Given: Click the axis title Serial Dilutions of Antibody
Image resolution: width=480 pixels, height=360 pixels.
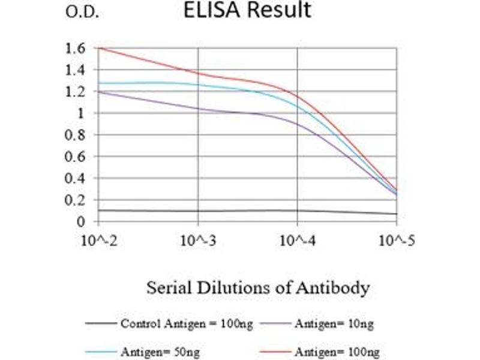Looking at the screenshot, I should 257,288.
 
